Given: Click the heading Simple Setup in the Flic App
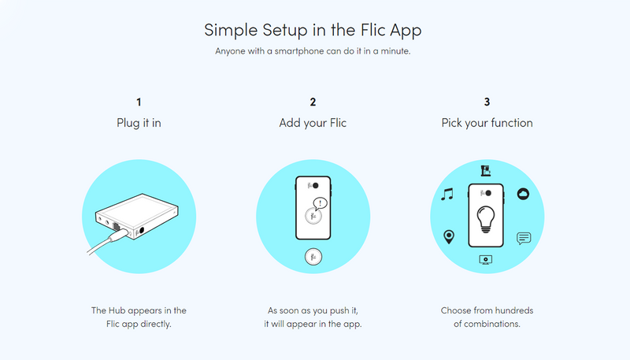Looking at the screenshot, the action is [313, 30].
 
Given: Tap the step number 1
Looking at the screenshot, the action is [139, 102].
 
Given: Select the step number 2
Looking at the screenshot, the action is [313, 102].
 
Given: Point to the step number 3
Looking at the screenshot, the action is [487, 102].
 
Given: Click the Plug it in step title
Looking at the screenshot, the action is [139, 123].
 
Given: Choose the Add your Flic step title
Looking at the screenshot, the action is [313, 123].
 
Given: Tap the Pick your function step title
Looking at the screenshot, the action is [487, 123].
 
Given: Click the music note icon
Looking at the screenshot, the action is [447, 194].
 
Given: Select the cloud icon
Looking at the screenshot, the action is [523, 194].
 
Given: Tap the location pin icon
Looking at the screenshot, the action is [449, 236].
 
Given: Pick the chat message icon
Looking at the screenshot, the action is [524, 238].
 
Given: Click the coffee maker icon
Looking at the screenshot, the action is [486, 171].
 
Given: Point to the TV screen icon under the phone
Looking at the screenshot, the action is [486, 260].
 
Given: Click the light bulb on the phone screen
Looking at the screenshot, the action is [486, 219].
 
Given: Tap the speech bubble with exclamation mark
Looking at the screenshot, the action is [320, 204].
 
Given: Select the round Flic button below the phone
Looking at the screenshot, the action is [313, 257].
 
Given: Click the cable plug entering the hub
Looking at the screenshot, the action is [120, 234].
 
